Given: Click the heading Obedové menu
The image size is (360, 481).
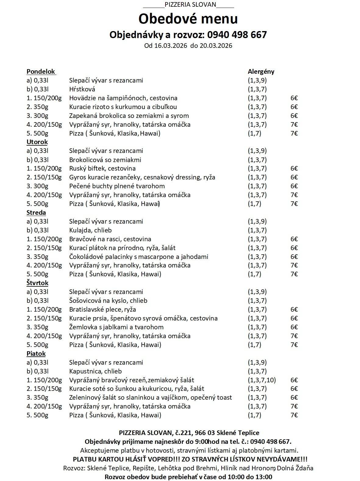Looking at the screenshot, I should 188,19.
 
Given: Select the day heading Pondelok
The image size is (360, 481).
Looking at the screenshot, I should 41,72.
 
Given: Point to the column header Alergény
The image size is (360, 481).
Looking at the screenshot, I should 261,72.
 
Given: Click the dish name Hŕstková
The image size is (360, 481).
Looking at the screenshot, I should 82,89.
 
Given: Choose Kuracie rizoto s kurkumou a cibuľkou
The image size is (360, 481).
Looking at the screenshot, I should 123,107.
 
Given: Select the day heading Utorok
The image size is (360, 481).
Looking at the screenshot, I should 37,142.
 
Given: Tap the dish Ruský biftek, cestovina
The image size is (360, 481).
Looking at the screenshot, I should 102,168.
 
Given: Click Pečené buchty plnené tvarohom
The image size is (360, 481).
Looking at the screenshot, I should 117,186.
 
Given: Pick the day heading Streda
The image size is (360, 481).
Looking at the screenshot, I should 36,213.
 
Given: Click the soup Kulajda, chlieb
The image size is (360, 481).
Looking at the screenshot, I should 91,230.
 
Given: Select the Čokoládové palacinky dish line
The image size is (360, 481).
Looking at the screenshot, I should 139,257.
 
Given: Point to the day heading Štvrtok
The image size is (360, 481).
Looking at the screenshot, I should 37,283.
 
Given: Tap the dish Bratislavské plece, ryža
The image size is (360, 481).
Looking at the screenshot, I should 102,309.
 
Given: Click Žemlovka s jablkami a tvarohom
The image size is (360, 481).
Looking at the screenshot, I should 116,327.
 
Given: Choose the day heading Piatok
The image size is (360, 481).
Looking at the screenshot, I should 36,354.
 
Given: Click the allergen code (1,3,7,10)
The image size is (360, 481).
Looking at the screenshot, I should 262,380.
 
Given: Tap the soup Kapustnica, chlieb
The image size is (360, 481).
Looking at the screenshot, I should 95,371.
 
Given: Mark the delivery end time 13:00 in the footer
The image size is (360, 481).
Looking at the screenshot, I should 264,477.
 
